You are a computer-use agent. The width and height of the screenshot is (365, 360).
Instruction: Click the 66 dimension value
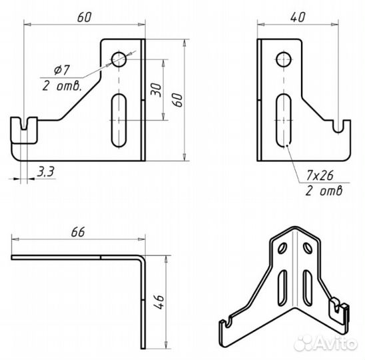78,232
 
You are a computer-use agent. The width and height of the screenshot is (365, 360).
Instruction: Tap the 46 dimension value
159,302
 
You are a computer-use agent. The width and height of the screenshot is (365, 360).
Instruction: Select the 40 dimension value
298,17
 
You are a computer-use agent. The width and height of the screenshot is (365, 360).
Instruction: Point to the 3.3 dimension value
46,171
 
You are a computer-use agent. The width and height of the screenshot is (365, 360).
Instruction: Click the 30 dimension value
156,90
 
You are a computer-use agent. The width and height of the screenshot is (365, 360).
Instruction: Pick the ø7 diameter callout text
62,70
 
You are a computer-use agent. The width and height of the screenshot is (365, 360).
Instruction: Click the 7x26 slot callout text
320,175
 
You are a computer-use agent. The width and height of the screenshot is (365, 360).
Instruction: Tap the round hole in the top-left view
119,59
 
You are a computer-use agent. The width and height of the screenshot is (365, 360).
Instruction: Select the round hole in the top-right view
284,59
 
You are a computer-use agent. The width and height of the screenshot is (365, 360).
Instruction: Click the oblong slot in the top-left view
119,121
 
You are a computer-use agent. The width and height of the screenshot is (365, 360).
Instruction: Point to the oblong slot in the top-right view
284,121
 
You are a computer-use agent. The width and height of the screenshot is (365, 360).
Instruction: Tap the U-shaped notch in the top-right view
338,127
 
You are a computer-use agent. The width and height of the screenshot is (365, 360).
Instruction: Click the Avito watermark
326,343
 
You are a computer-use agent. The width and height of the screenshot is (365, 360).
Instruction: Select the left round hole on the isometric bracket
282,248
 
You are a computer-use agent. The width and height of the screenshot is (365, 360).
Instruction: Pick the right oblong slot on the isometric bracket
308,288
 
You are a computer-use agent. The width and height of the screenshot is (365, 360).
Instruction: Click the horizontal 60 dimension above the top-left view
85,17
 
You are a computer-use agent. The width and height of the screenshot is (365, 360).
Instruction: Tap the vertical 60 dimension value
178,100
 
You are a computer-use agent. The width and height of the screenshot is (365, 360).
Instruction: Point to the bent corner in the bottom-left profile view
141,258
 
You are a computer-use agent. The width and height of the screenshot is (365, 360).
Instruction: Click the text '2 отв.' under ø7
62,86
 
